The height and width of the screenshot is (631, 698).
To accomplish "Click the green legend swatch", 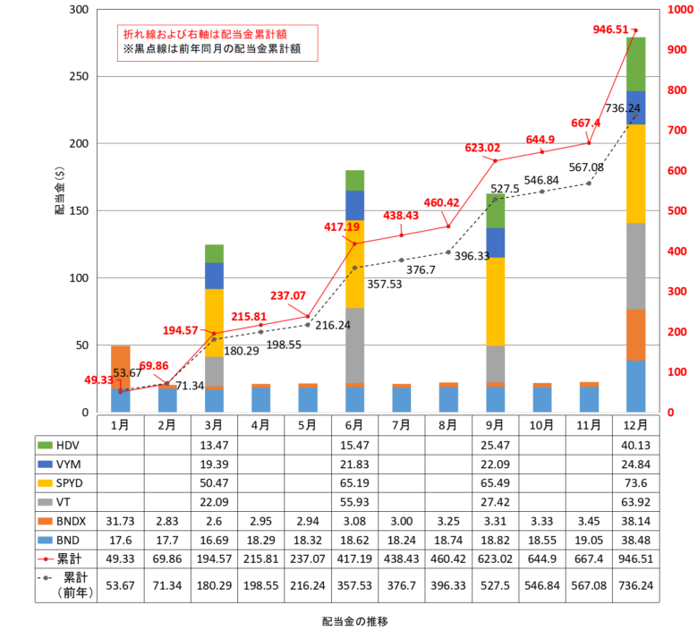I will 45,445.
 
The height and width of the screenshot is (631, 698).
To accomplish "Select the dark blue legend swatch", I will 45,464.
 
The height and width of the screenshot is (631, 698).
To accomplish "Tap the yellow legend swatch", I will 45,483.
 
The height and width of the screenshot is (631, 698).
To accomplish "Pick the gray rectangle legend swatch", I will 45,502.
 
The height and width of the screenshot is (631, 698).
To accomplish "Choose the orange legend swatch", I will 45,521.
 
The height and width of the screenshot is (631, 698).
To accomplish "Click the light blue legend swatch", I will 45,541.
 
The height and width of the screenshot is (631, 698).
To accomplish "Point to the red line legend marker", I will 45,559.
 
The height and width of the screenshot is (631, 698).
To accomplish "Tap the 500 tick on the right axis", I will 677,210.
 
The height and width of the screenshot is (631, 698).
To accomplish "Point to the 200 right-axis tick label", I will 677,331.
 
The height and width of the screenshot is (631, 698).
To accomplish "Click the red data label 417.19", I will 341,227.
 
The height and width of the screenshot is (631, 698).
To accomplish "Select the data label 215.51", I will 249,316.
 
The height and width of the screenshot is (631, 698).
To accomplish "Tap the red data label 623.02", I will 482,148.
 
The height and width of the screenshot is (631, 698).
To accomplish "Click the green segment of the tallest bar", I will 635,64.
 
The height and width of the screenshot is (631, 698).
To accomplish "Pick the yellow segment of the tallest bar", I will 635,174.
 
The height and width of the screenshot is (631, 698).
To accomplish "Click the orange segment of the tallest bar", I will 635,335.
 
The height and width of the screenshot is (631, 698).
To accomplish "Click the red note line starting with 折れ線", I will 205,34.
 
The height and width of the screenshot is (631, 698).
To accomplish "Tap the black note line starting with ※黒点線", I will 212,49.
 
